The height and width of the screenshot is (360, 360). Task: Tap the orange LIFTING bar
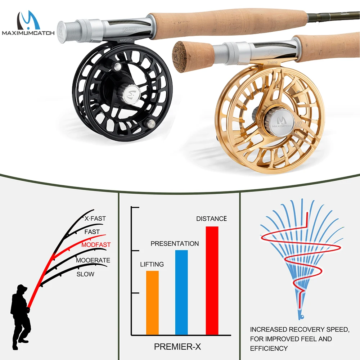[x=152, y=302]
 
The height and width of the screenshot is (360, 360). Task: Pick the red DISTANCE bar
[x=212, y=280]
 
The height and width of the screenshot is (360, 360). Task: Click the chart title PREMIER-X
[x=177, y=347]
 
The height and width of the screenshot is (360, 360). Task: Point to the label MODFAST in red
[x=96, y=245]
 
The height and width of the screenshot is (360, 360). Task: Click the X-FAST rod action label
[x=95, y=219]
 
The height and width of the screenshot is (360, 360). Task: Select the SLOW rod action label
[x=85, y=274]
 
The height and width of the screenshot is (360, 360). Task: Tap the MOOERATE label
[x=93, y=260]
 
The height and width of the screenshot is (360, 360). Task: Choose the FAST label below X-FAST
[x=92, y=232]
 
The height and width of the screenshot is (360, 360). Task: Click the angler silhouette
[x=19, y=313]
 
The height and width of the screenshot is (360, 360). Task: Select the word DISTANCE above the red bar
[x=211, y=219]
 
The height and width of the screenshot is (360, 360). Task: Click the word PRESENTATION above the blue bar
[x=175, y=244]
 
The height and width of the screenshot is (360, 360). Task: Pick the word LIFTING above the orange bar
[x=152, y=264]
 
